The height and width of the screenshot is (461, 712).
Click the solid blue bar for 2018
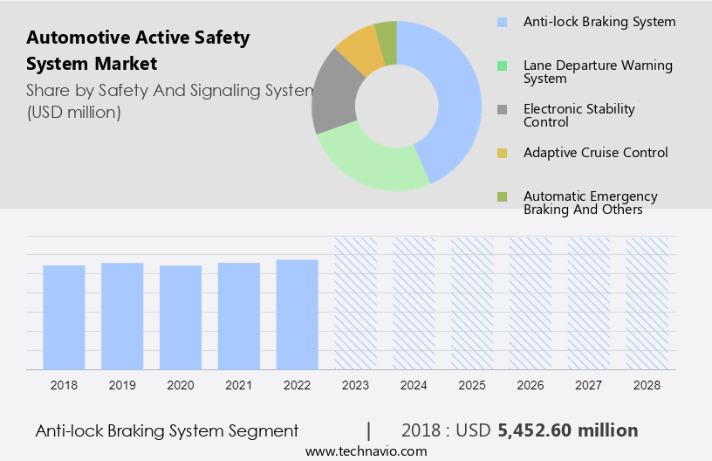coord(64,317)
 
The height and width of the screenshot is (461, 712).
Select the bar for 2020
coord(181,317)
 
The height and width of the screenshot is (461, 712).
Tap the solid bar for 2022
coord(297,314)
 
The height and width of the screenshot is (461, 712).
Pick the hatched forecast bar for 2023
coord(355,303)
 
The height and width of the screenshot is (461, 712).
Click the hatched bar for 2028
coord(647,303)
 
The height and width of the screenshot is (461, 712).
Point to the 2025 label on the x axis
coord(472,385)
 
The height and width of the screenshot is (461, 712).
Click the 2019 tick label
coord(122,385)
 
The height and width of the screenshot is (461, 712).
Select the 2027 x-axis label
coord(589,385)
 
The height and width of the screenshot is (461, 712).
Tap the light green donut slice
coord(366,162)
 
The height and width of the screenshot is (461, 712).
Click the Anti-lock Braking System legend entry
coord(599,22)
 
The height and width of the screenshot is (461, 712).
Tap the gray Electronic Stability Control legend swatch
coord(501,110)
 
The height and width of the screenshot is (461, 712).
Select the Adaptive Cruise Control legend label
coord(595,153)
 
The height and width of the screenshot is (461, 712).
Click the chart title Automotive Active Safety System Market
coord(138,51)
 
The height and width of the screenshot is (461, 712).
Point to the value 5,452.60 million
coord(567,430)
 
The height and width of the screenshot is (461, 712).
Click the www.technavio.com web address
coord(366,451)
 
